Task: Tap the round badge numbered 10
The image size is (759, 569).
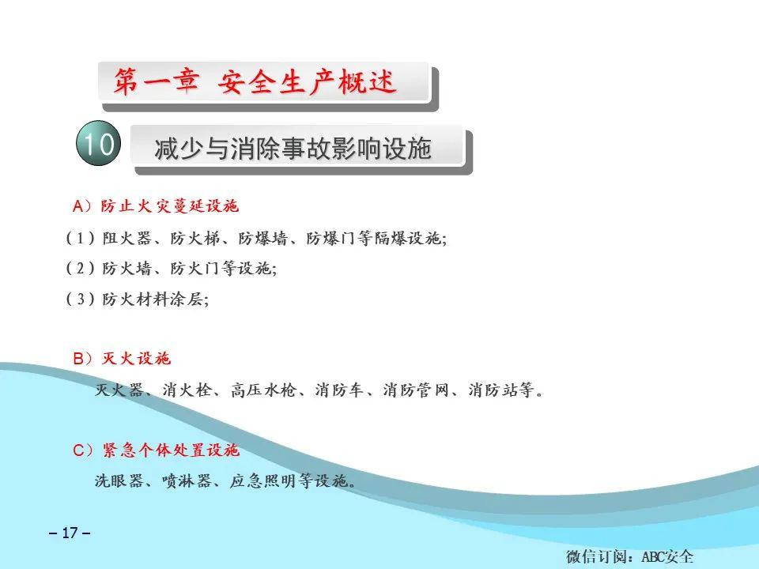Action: coord(98,145)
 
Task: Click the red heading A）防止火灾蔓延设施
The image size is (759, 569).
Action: coord(156,207)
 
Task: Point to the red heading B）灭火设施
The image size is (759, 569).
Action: coord(122,359)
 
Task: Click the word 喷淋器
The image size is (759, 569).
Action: coord(187,480)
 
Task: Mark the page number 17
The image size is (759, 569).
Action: coord(70,533)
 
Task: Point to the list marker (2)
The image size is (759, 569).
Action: coord(81,269)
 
